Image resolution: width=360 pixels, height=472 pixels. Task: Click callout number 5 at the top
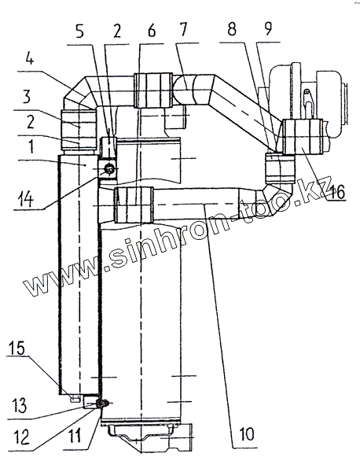point(79,31)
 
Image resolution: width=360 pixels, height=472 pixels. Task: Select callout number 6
point(152,31)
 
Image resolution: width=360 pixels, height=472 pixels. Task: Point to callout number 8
point(232,29)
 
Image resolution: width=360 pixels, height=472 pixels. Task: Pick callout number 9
point(268,28)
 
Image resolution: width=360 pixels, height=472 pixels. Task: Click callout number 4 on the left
point(29,58)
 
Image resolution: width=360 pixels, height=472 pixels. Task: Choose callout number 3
point(27,97)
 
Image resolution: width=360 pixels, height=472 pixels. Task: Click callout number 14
point(25,199)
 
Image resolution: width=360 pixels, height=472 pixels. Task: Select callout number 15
point(17,348)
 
